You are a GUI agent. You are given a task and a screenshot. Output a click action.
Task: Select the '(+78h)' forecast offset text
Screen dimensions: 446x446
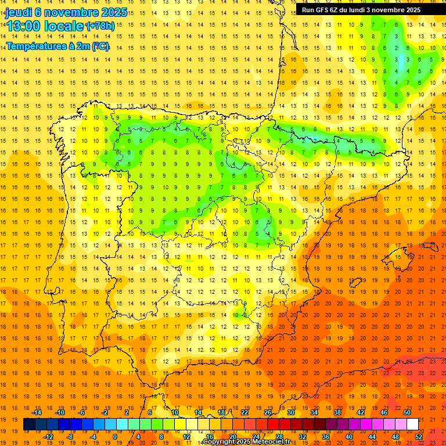100,26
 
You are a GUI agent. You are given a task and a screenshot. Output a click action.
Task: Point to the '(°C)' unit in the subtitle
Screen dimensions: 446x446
100,46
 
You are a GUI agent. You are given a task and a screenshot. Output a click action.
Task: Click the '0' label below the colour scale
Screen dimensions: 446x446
115,436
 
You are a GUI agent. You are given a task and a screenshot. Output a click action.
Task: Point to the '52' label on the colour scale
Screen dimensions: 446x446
419,436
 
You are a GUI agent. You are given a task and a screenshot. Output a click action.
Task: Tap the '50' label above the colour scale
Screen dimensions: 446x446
407,412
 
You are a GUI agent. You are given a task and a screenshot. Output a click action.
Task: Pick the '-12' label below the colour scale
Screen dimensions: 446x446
48,436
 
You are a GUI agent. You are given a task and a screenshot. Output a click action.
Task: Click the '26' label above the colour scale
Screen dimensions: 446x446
268,412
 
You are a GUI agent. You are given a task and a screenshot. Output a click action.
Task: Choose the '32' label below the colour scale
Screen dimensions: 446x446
303,436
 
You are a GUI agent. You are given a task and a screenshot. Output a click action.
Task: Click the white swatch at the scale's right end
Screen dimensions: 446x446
412,425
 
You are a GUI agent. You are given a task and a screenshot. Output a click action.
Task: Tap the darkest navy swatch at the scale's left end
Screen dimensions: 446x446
29,425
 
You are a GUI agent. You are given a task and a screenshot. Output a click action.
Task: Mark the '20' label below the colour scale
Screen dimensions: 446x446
232,436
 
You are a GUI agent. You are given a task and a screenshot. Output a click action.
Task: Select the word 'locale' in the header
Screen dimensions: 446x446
64,26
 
